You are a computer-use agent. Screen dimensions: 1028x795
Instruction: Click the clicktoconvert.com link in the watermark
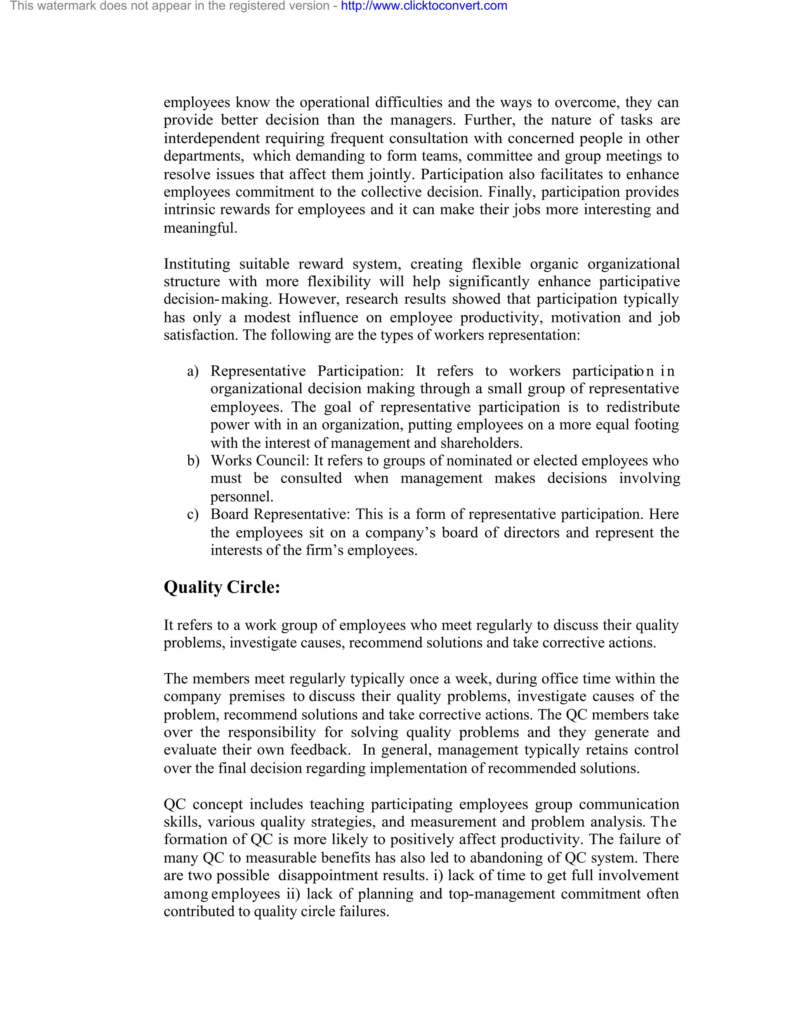[424, 6]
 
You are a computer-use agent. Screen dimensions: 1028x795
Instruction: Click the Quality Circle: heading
[222, 587]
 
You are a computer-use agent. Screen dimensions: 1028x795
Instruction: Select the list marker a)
[193, 371]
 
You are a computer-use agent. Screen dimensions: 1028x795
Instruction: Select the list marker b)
[193, 461]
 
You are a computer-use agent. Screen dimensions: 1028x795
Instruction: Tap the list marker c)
[193, 514]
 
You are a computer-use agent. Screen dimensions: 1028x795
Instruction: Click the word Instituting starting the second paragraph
[197, 264]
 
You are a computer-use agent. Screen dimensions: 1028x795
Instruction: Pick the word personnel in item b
[241, 497]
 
